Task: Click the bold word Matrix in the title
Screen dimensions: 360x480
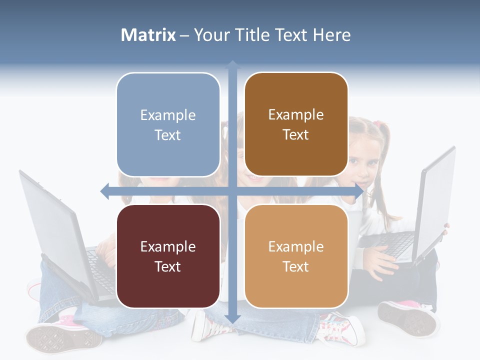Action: [x=148, y=35]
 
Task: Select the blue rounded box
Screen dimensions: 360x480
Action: [x=168, y=124]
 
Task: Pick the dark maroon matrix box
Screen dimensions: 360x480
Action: [x=168, y=256]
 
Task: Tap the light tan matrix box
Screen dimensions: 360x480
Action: [x=296, y=256]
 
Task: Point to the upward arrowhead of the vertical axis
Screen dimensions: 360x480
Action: [x=232, y=64]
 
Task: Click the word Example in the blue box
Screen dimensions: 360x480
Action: [x=168, y=115]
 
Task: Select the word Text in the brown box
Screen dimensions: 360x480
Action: [x=296, y=135]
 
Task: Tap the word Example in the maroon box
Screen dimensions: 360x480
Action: [x=168, y=246]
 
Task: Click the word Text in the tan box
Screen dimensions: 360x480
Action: [x=296, y=267]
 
